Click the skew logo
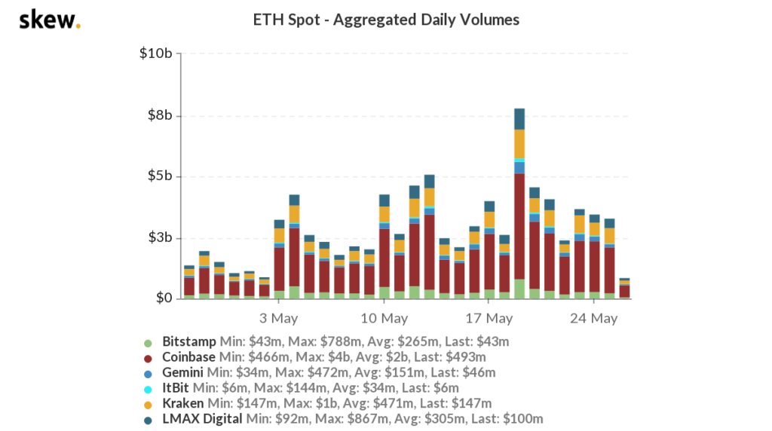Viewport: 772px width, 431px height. [x=49, y=20]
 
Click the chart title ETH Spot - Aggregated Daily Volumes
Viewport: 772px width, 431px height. [x=386, y=20]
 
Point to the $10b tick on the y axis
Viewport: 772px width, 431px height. [x=156, y=54]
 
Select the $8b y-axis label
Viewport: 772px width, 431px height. [x=159, y=115]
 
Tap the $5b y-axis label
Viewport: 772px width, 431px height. [x=159, y=176]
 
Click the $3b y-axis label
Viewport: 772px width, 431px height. [x=159, y=238]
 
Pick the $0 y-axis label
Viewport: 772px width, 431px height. [x=164, y=299]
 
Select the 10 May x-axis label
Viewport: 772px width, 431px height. [x=384, y=318]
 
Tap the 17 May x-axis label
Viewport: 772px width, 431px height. [x=489, y=318]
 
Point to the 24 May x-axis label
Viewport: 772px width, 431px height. [x=594, y=318]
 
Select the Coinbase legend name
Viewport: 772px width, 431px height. [x=188, y=356]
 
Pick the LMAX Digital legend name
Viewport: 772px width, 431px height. [x=202, y=419]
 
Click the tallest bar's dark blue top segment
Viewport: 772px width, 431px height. [x=519, y=119]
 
